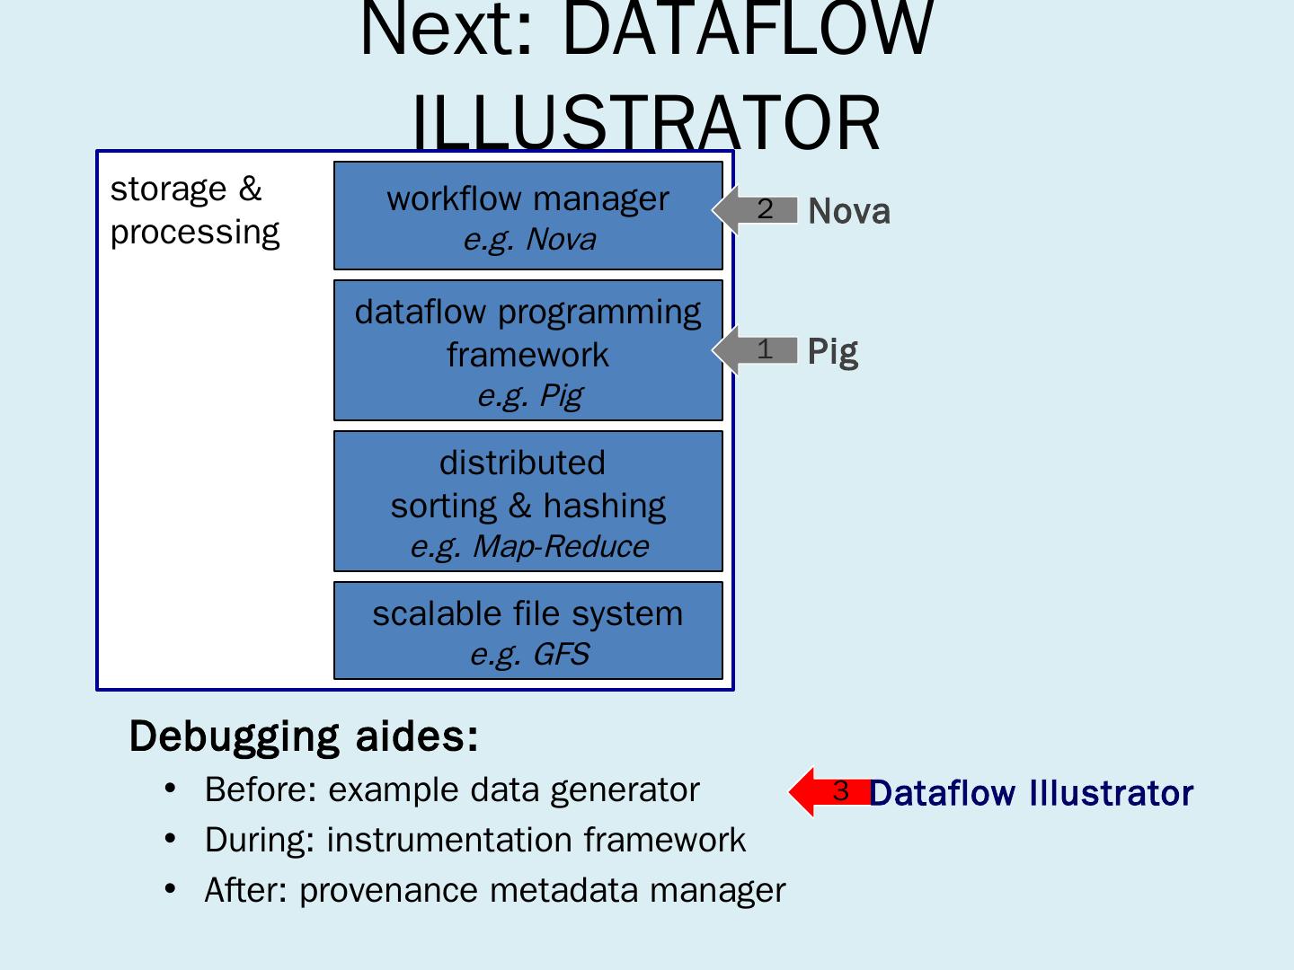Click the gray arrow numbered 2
pyautogui.click(x=756, y=209)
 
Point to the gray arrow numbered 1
pyautogui.click(x=756, y=349)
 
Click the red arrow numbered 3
pyautogui.click(x=829, y=791)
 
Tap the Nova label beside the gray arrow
pyautogui.click(x=849, y=212)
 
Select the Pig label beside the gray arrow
pyautogui.click(x=832, y=351)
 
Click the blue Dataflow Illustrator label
pyautogui.click(x=1031, y=794)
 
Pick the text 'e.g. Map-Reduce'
pyautogui.click(x=528, y=546)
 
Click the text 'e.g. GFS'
pyautogui.click(x=528, y=654)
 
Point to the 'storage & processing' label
pyautogui.click(x=194, y=210)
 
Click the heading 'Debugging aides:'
pyautogui.click(x=304, y=736)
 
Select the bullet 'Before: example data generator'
pyautogui.click(x=451, y=790)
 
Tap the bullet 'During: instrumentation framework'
pyautogui.click(x=474, y=841)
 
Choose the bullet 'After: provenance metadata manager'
pyautogui.click(x=494, y=891)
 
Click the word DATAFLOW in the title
pyautogui.click(x=748, y=29)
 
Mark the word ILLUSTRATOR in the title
pyautogui.click(x=645, y=124)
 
